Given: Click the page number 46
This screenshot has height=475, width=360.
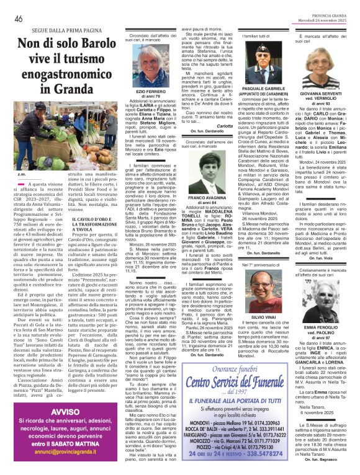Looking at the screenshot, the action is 19,19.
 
